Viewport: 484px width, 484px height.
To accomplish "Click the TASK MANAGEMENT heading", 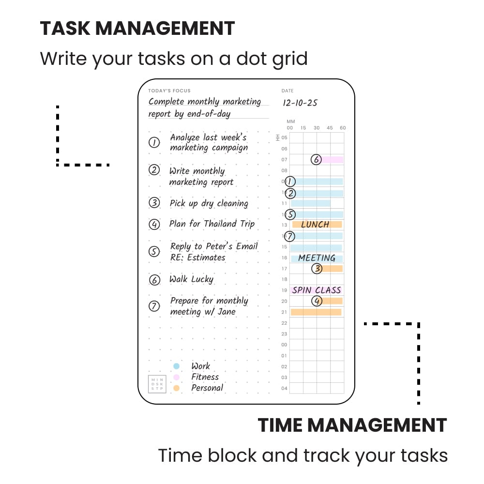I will pyautogui.click(x=137, y=29).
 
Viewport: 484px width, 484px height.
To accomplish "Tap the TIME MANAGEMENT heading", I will pyautogui.click(x=352, y=425).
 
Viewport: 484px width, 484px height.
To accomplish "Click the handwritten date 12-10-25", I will pyautogui.click(x=300, y=103).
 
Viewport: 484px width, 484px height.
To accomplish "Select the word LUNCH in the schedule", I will pyautogui.click(x=315, y=225).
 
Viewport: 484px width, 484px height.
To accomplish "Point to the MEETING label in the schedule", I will pyautogui.click(x=317, y=258).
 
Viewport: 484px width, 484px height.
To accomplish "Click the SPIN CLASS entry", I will pyautogui.click(x=317, y=290).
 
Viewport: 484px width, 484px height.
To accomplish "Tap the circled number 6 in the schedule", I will pyautogui.click(x=316, y=160).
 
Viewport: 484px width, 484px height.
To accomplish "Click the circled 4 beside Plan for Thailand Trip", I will pyautogui.click(x=154, y=224).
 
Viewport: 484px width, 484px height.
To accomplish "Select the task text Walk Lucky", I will pyautogui.click(x=191, y=279).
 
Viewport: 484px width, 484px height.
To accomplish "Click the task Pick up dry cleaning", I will pyautogui.click(x=209, y=203).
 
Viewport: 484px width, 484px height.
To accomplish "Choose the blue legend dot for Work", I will pyautogui.click(x=177, y=366).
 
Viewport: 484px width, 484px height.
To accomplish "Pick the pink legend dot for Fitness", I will pyautogui.click(x=177, y=377).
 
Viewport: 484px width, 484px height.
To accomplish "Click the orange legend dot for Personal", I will pyautogui.click(x=177, y=388).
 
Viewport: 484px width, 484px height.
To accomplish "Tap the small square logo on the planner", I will pyautogui.click(x=157, y=384).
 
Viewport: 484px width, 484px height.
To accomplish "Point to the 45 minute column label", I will pyautogui.click(x=330, y=128).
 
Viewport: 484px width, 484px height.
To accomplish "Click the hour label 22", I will pyautogui.click(x=285, y=323).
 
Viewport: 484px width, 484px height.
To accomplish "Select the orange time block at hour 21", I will pyautogui.click(x=316, y=312).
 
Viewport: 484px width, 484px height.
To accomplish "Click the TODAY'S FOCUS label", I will pyautogui.click(x=169, y=91).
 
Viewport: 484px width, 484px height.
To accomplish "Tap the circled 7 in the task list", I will pyautogui.click(x=154, y=306).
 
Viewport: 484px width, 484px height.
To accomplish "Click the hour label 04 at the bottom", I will pyautogui.click(x=285, y=388).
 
